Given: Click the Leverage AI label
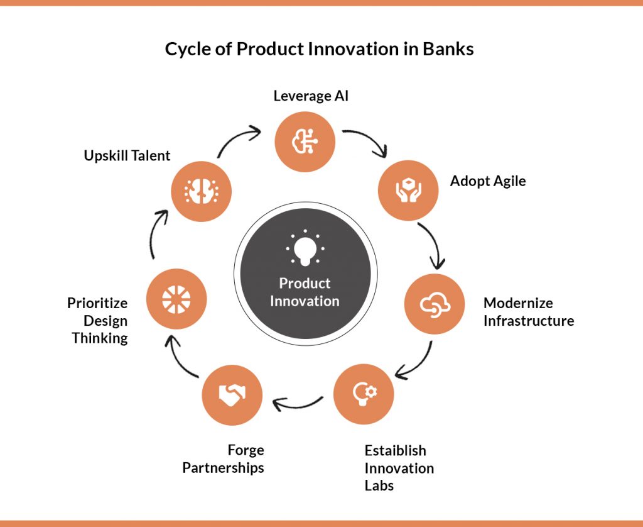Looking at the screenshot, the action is [x=311, y=96].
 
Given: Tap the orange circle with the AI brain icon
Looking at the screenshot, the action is [x=305, y=141].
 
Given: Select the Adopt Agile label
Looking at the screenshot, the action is [x=488, y=181].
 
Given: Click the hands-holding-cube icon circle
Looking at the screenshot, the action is [x=408, y=190].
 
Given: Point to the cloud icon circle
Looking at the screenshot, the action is [x=435, y=304].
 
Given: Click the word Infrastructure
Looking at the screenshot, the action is [x=529, y=320].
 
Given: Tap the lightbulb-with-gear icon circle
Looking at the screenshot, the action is [x=364, y=394].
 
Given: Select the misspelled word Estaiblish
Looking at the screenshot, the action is [x=396, y=450].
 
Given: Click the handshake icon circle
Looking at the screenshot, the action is [x=232, y=395].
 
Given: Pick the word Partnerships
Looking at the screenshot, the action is [x=223, y=468].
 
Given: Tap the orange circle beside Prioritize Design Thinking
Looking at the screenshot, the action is [x=176, y=299].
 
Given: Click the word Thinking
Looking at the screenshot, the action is [x=100, y=338].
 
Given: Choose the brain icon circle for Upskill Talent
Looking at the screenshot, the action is [x=202, y=191].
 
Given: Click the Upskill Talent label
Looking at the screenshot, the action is [x=127, y=156].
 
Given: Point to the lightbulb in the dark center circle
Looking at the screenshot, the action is [x=305, y=248].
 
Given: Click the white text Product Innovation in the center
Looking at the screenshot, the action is [x=305, y=292].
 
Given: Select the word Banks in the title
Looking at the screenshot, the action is [x=448, y=49].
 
